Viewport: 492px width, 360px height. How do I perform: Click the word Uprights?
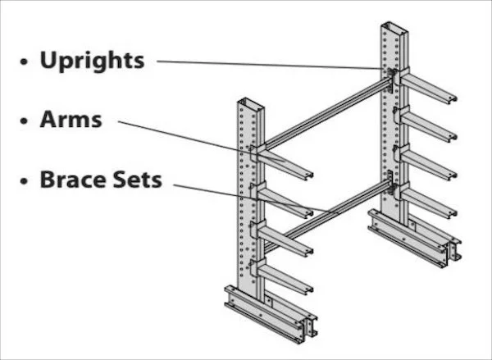[92, 61]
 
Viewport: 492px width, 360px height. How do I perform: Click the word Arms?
[71, 120]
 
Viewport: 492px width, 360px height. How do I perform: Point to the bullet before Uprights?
[25, 62]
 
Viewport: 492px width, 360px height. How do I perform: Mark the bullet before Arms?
[25, 121]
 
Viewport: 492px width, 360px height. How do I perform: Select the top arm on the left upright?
[287, 163]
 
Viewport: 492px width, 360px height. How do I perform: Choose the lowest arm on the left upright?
[287, 279]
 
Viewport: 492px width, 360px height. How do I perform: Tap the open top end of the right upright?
[394, 29]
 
